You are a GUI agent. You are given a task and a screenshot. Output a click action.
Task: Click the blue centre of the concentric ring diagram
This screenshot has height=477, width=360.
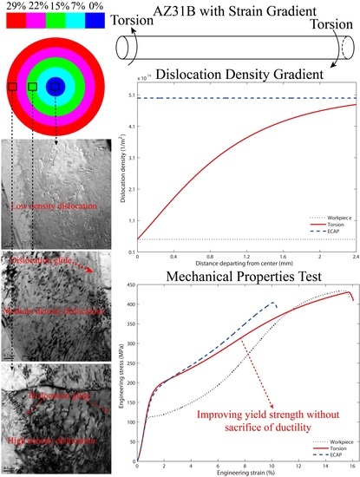click(x=56, y=86)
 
